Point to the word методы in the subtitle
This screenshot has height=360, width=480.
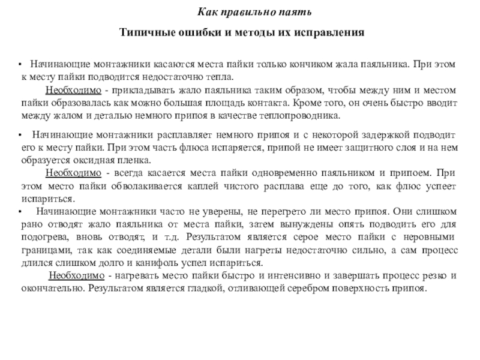242,32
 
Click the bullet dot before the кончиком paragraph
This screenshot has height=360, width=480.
20,64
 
